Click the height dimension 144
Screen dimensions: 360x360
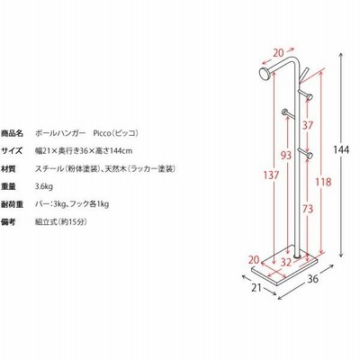341,149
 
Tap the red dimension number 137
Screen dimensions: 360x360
271,175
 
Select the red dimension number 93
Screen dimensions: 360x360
286,155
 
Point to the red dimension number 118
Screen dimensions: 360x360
323,182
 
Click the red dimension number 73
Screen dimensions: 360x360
307,209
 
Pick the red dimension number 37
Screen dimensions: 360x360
308,125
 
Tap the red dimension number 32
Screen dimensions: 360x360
286,262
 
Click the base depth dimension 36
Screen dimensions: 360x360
312,279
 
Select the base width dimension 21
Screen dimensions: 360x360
256,288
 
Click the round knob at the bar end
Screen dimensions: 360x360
265,74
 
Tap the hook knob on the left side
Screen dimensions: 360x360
284,112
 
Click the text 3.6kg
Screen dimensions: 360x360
44,186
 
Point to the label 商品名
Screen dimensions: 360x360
12,133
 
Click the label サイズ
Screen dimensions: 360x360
12,150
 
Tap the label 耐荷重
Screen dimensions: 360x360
12,204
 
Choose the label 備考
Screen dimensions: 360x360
8,222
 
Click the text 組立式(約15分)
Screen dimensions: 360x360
61,222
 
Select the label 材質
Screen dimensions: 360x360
8,169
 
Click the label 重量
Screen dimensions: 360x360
8,186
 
